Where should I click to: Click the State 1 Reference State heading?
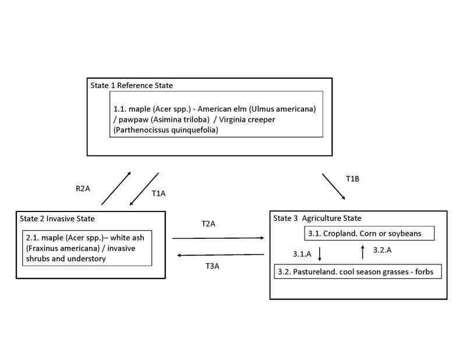[x=132, y=85]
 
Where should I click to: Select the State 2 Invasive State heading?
[x=56, y=218]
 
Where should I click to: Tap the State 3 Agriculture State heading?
[x=317, y=218]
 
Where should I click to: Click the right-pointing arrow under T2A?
[x=218, y=238]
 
